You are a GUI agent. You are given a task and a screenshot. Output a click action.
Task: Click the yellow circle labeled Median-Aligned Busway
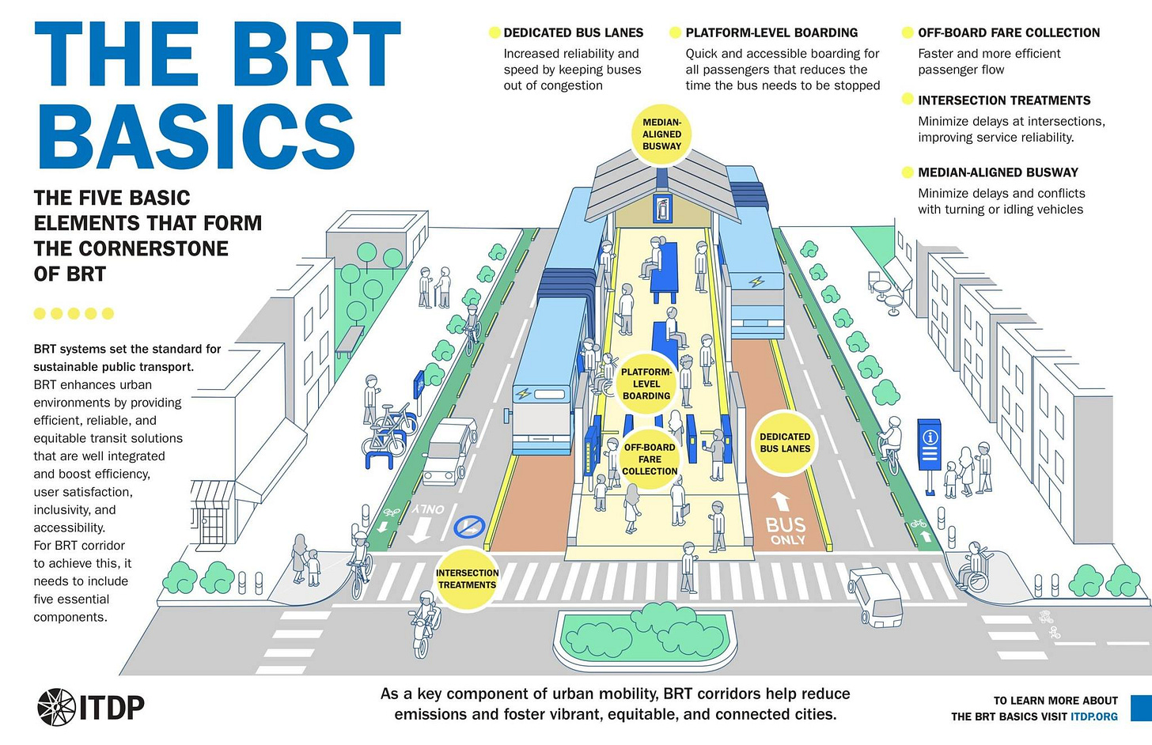[661, 134]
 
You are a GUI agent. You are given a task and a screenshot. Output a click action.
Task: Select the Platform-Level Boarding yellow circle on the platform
[646, 384]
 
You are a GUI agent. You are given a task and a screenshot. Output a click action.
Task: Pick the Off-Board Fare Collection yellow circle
[649, 459]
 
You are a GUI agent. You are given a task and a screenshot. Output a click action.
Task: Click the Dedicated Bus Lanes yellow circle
[784, 443]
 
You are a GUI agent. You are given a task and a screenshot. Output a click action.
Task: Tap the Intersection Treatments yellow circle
[467, 579]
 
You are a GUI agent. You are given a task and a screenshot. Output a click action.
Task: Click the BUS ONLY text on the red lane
[785, 531]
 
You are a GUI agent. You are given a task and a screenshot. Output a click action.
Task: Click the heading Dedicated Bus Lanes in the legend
[573, 33]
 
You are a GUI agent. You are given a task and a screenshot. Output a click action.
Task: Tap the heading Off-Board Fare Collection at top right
[1008, 33]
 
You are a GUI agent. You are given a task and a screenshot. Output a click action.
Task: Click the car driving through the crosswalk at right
[875, 596]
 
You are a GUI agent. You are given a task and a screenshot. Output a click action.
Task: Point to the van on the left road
[449, 452]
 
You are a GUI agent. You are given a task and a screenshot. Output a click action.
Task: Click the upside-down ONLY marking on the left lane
[428, 510]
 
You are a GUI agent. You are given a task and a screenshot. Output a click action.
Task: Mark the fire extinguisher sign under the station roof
[661, 210]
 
